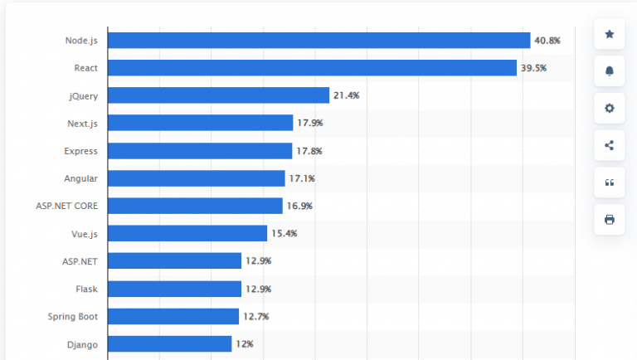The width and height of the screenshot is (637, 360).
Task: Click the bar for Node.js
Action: coord(318,40)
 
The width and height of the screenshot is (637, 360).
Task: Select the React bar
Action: coord(312,67)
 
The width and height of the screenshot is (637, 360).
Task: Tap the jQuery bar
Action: coord(218,95)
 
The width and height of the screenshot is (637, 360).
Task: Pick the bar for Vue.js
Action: coord(187,233)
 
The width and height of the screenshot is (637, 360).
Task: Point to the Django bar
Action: coord(169,343)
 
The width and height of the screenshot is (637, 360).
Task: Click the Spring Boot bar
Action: coord(173,316)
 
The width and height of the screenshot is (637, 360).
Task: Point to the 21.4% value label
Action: coord(346,95)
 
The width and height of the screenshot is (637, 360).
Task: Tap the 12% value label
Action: coord(244,343)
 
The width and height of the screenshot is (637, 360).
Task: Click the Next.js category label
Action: coord(82,124)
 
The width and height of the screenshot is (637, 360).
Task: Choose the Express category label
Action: coord(80,151)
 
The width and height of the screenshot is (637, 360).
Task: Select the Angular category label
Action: coord(80,178)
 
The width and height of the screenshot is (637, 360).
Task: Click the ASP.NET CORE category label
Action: coord(67,206)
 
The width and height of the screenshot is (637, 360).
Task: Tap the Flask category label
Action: coord(86,289)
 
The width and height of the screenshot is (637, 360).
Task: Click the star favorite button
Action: coord(610,34)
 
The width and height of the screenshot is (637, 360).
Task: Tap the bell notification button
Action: coord(610,71)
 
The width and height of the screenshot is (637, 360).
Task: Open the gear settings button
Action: coord(610,108)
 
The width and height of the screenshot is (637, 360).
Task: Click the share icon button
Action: coord(610,145)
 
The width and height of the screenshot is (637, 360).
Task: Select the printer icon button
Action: coord(610,220)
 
